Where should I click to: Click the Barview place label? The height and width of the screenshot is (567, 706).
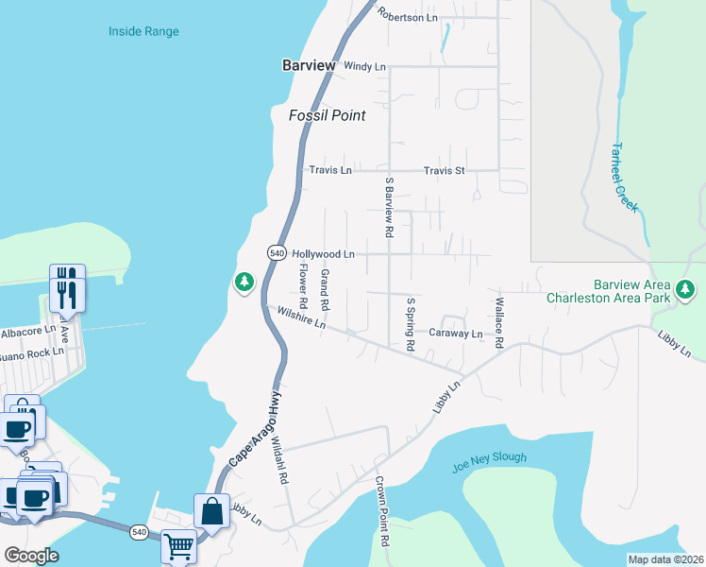coord(309,65)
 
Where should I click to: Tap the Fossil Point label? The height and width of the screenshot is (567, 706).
coord(327,115)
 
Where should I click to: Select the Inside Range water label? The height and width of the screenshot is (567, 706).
coord(143,31)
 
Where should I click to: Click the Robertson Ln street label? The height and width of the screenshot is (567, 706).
coord(407,15)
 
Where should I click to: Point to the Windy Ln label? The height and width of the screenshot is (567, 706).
coord(365,66)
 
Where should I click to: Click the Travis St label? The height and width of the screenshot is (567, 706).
coord(444,170)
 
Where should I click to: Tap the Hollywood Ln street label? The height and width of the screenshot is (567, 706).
coord(323,254)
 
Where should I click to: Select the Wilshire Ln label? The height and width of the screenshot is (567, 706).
coord(300,318)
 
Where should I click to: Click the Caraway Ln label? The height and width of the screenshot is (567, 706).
coord(456,334)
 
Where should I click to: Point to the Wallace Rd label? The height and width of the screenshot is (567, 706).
coord(497,323)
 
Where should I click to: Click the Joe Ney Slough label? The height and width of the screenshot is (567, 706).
coord(490,458)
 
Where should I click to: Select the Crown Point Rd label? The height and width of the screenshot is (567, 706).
coord(382,511)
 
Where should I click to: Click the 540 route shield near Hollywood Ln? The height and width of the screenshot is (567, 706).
coord(276,253)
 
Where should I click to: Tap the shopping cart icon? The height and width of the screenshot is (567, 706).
coord(177,545)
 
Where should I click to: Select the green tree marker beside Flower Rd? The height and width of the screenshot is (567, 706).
coord(244,282)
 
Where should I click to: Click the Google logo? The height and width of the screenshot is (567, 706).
coord(31,556)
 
